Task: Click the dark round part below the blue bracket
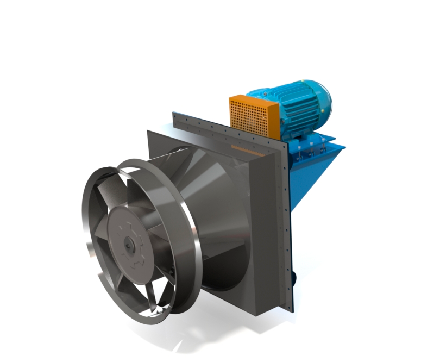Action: click(x=294, y=277)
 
